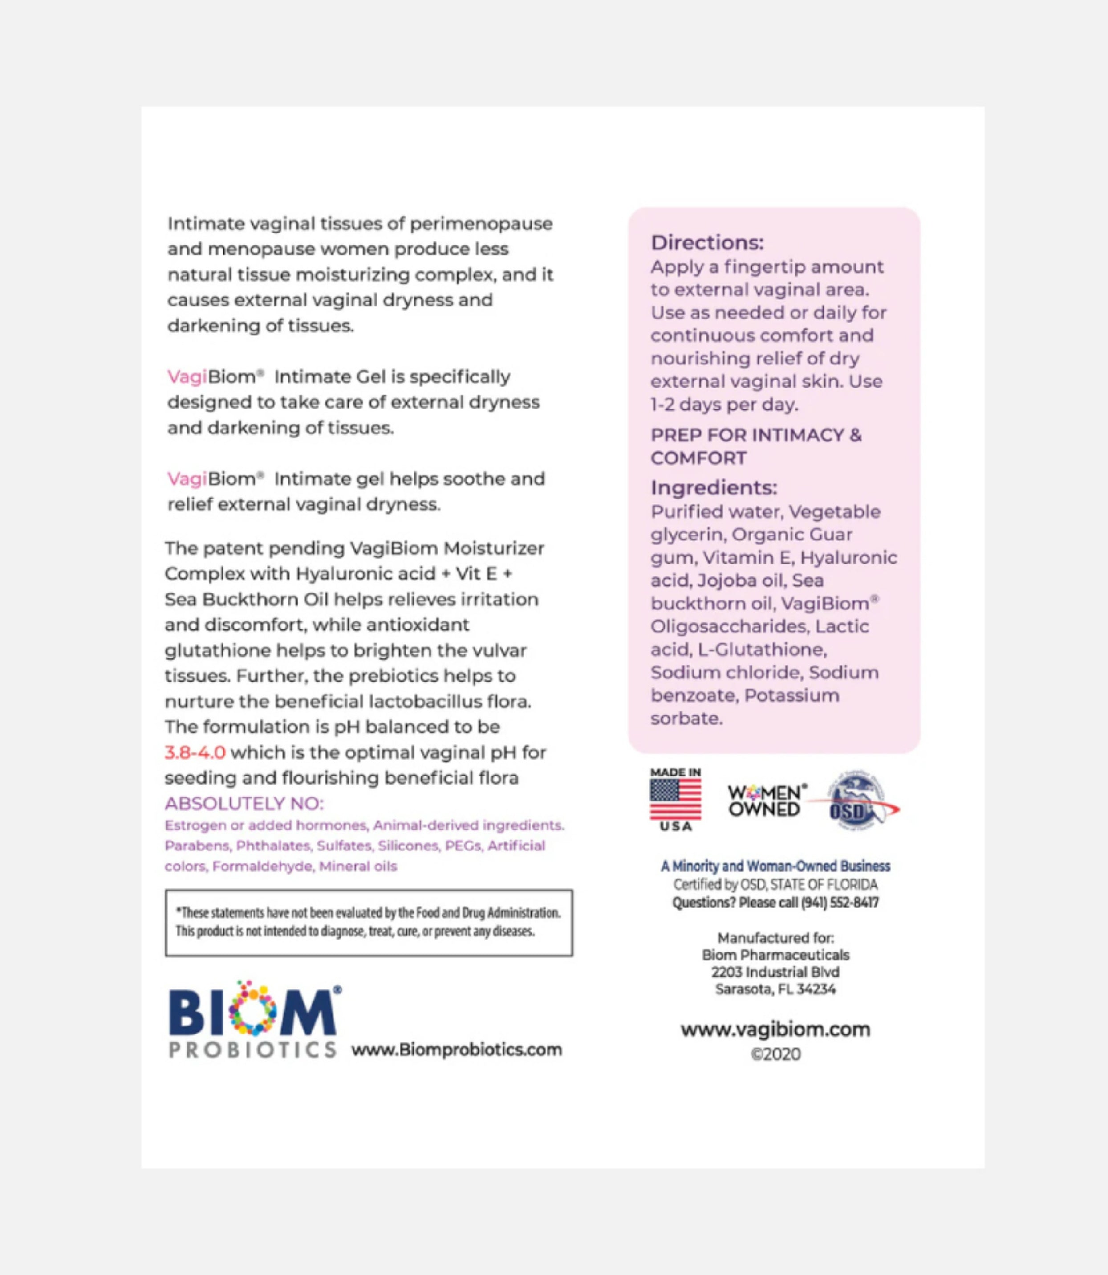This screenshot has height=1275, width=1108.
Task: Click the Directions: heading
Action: pyautogui.click(x=707, y=242)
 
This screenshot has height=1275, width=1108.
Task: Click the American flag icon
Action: pyautogui.click(x=675, y=799)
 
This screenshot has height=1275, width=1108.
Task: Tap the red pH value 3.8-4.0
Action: pyautogui.click(x=195, y=753)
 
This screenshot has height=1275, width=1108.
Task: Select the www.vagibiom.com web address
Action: pyautogui.click(x=775, y=1030)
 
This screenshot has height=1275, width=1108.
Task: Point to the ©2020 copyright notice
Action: pyautogui.click(x=775, y=1054)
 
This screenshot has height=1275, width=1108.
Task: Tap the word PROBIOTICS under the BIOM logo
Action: pyautogui.click(x=253, y=1050)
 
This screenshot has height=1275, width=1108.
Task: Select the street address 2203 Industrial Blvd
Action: pyautogui.click(x=775, y=972)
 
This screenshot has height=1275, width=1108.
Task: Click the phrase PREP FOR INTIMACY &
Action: pyautogui.click(x=755, y=435)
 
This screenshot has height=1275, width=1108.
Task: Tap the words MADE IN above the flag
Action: pyautogui.click(x=675, y=772)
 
